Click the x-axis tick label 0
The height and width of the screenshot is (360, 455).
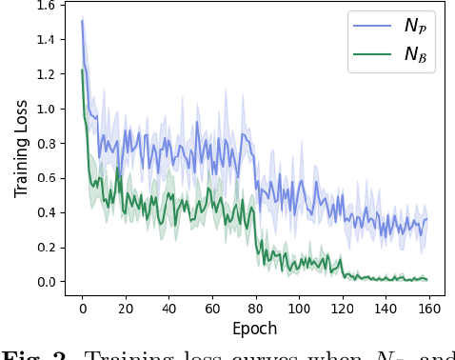(x=82, y=309)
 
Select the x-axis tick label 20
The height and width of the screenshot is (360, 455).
(x=126, y=309)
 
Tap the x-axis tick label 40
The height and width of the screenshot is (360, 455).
(x=168, y=309)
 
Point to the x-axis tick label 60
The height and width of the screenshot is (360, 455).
(x=212, y=309)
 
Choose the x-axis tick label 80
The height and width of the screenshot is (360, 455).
(x=255, y=309)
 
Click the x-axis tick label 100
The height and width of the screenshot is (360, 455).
(x=299, y=309)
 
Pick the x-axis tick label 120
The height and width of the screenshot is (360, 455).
(x=343, y=309)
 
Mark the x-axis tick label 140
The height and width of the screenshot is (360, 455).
(x=386, y=309)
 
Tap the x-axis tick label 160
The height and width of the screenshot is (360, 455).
(x=429, y=309)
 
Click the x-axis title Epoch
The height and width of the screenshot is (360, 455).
(x=255, y=329)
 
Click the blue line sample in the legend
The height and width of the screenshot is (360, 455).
(x=372, y=26)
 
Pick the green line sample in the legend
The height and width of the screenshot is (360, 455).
(x=372, y=53)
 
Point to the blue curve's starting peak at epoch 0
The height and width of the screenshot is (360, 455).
(x=82, y=21)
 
